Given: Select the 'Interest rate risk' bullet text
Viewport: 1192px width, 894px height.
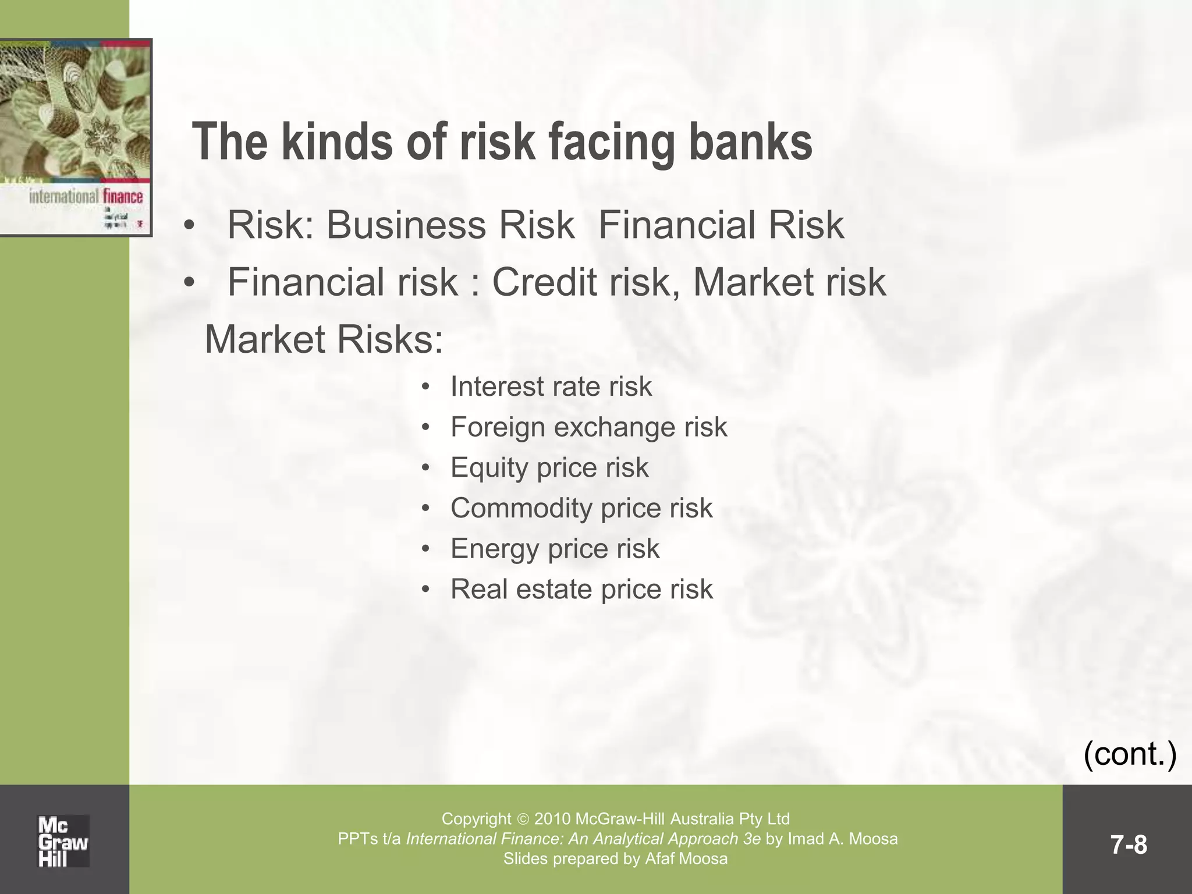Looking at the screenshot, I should (551, 387).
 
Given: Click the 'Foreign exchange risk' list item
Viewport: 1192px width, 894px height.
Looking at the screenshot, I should (588, 427).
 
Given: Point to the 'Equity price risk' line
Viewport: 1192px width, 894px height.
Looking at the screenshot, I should (549, 468).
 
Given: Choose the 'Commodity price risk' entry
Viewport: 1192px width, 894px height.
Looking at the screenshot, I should (581, 508).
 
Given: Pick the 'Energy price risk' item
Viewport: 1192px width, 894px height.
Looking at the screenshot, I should (555, 549).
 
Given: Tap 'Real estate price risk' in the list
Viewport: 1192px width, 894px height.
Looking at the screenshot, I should (581, 589).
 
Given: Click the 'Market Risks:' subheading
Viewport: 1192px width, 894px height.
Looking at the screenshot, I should (324, 340).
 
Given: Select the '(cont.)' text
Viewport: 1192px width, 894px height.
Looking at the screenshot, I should (1130, 754).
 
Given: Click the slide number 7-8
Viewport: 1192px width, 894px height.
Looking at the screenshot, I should (1129, 845).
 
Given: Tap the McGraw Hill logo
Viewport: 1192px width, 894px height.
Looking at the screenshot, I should (63, 841).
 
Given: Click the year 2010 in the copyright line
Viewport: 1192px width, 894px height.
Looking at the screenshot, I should (552, 819).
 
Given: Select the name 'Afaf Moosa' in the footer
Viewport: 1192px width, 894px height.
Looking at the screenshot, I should (686, 858).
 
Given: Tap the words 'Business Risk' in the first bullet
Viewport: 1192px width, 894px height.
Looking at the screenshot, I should (450, 225).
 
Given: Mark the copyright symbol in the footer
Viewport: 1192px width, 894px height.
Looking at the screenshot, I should (523, 819).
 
